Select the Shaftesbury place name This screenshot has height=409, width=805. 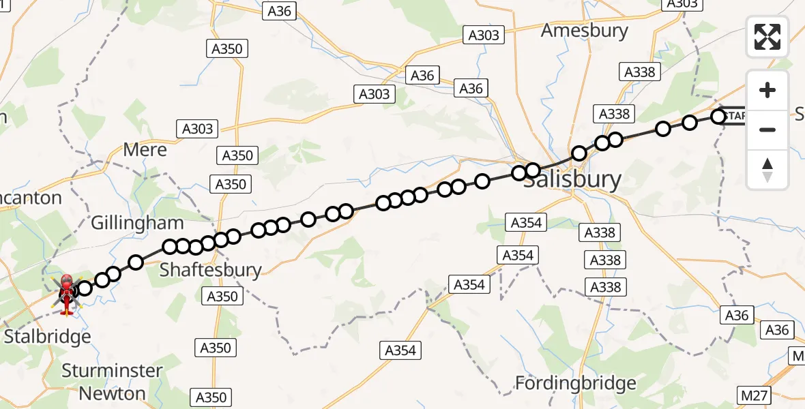coord(210,270)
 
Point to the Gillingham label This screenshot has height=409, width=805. coord(137,222)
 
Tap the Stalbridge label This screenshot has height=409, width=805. coord(47,337)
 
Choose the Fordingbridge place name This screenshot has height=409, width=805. coord(575,382)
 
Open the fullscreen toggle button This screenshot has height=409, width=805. coord(767,37)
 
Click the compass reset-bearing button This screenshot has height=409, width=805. coord(767,170)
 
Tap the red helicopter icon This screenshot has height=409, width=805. coord(67,294)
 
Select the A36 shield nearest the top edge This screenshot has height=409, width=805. coord(279,10)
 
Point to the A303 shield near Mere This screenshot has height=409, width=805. coord(197,128)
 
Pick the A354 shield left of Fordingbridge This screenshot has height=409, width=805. coord(400,350)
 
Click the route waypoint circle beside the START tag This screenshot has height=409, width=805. coord(718,117)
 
